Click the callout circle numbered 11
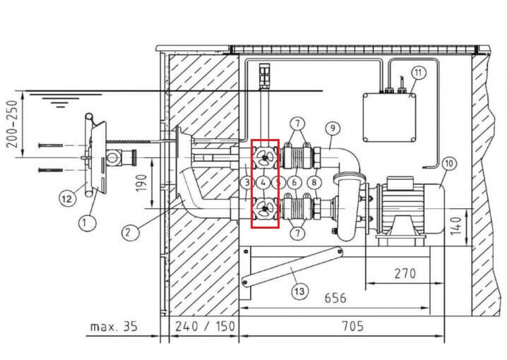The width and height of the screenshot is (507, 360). tap(419, 73)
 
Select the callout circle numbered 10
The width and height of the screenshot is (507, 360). tap(449, 164)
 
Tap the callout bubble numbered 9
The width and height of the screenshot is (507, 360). tap(333, 128)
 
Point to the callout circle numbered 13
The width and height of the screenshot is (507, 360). tap(299, 292)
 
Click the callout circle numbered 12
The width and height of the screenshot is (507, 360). tap(67, 198)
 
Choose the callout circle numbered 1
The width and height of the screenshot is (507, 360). tap(88, 223)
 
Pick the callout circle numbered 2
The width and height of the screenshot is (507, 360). tap(131, 232)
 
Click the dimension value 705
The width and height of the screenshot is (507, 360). tap(353, 325)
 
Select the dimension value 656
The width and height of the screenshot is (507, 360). tap(335, 297)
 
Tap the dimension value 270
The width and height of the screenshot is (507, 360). tap(405, 274)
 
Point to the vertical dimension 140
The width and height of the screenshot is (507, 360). tap(456, 226)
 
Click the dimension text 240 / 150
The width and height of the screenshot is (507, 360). tap(205, 326)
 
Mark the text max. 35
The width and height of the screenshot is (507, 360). tap(114, 326)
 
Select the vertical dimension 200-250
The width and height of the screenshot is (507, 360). tap(12, 124)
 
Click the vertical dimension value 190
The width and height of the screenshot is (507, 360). tap(141, 183)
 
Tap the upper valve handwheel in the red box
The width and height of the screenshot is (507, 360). tap(265, 157)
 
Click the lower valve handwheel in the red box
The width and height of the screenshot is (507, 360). tap(265, 209)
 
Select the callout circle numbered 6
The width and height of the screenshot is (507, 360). tap(294, 183)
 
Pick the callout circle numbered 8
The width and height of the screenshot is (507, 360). tap(314, 183)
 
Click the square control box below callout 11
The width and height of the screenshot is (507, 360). tap(389, 118)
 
